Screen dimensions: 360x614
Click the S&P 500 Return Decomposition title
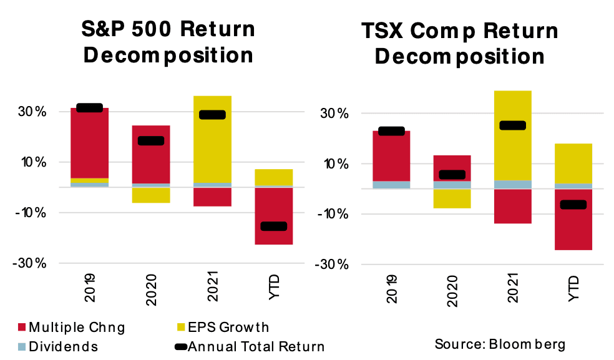[168, 42]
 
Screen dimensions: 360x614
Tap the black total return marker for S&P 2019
[89, 107]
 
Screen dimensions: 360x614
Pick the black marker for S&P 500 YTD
[274, 226]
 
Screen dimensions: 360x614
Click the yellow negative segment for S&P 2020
[151, 195]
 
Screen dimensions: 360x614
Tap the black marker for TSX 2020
[452, 175]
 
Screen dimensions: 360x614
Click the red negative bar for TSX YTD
[574, 228]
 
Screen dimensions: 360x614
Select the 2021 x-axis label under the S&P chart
[213, 290]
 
